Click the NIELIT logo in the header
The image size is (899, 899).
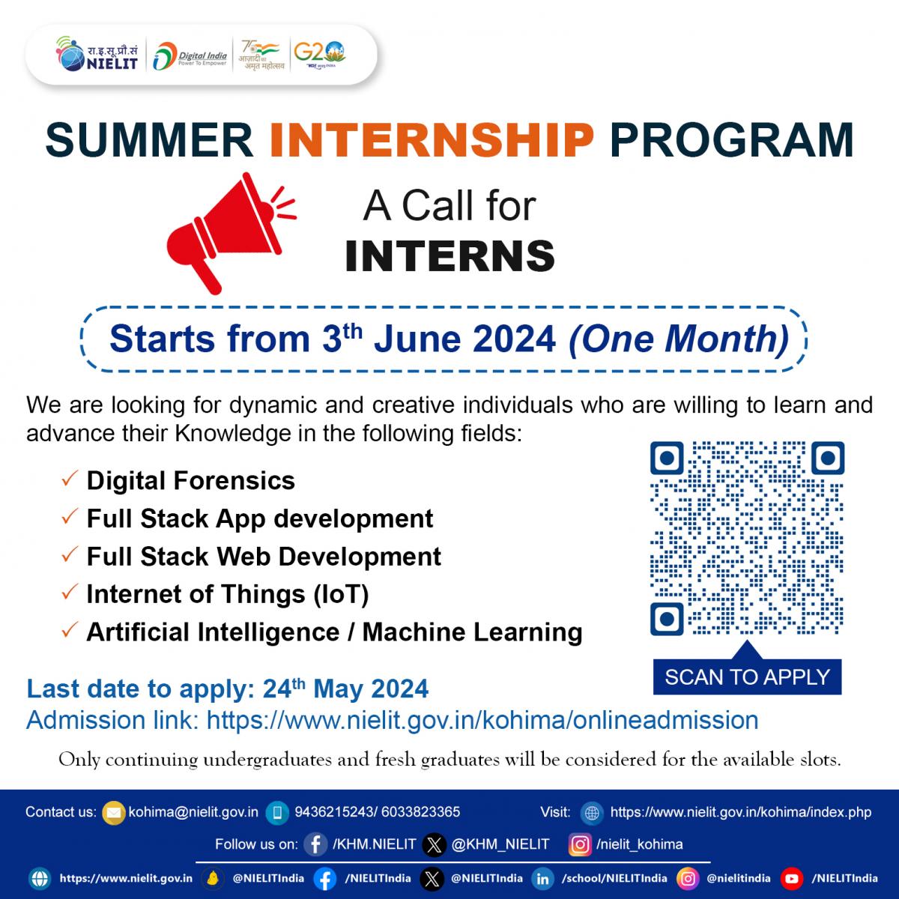97,54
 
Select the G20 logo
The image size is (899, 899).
320,55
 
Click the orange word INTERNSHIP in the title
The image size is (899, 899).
432,140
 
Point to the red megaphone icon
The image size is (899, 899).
231,233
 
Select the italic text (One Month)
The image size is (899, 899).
679,339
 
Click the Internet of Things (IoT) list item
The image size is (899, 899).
228,594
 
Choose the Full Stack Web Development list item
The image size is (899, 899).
264,556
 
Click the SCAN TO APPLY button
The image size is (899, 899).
748,677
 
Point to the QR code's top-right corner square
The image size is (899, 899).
828,458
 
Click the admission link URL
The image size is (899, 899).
482,720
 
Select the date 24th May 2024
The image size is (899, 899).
345,688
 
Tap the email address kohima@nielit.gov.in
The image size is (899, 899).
193,812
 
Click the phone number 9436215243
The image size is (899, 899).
333,812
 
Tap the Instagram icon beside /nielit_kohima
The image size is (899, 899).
580,844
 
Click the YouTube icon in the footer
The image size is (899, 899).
791,879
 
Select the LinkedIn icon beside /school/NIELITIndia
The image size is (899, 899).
542,879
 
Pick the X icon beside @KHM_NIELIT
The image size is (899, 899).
434,845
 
